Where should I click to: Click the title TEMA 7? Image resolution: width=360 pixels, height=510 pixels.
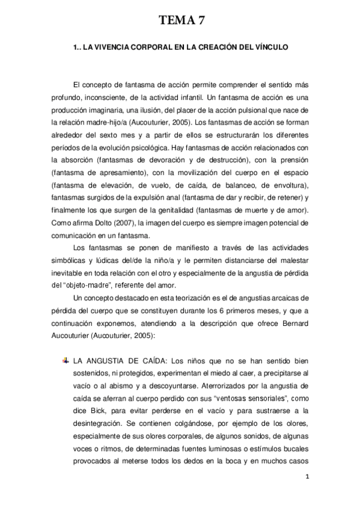click(180, 22)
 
